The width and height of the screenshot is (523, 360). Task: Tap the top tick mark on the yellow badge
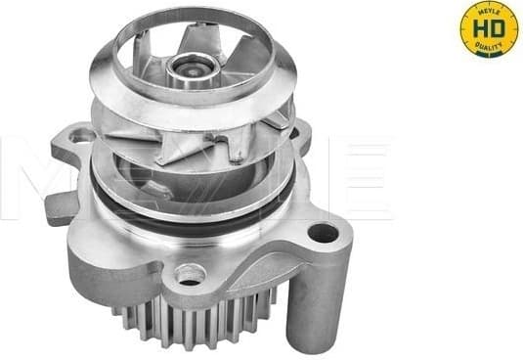point(489,5)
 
